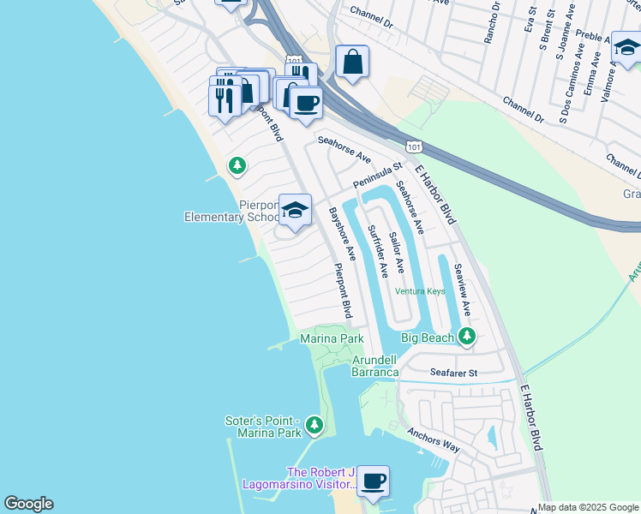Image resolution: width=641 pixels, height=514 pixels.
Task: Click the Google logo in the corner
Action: click(28, 504)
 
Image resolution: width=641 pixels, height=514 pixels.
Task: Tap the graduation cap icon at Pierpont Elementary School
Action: click(295, 210)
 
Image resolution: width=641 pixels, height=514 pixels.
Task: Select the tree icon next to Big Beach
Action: click(466, 336)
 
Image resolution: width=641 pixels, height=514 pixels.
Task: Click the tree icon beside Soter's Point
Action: click(315, 424)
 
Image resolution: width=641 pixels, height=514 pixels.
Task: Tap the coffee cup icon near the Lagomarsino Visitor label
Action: click(373, 481)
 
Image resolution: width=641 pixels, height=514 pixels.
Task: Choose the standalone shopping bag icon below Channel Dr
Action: click(351, 62)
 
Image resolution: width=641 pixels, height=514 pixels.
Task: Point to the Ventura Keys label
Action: click(420, 291)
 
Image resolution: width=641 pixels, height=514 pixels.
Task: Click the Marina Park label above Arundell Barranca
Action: click(332, 339)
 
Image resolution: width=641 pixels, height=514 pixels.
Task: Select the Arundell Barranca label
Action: click(375, 366)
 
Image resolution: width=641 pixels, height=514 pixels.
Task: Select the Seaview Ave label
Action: click(463, 290)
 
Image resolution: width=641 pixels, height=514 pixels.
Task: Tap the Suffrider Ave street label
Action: click(377, 251)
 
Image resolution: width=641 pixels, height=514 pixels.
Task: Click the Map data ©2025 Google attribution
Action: click(588, 507)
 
